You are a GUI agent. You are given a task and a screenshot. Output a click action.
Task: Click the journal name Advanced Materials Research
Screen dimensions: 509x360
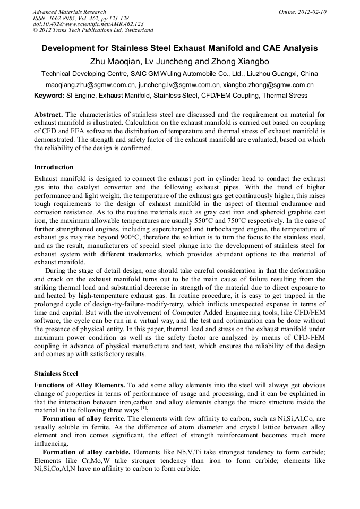[69, 12]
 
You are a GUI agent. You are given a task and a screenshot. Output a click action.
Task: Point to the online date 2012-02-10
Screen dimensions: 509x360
[313, 12]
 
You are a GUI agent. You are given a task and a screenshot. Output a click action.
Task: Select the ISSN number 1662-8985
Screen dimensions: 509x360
[59, 18]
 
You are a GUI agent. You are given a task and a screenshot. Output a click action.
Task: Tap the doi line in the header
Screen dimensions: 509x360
[88, 24]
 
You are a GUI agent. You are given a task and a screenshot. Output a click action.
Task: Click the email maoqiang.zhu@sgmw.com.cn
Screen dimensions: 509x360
[91, 85]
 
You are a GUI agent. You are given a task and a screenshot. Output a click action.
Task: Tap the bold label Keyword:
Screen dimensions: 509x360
[49, 96]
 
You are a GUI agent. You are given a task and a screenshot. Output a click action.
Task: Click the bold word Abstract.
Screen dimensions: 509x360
[48, 115]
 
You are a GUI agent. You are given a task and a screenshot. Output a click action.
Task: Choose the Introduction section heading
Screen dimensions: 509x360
[54, 167]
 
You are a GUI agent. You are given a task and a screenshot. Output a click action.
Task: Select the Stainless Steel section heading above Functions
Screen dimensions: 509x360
[56, 373]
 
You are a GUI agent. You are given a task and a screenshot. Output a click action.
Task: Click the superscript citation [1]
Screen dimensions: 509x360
[143, 408]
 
